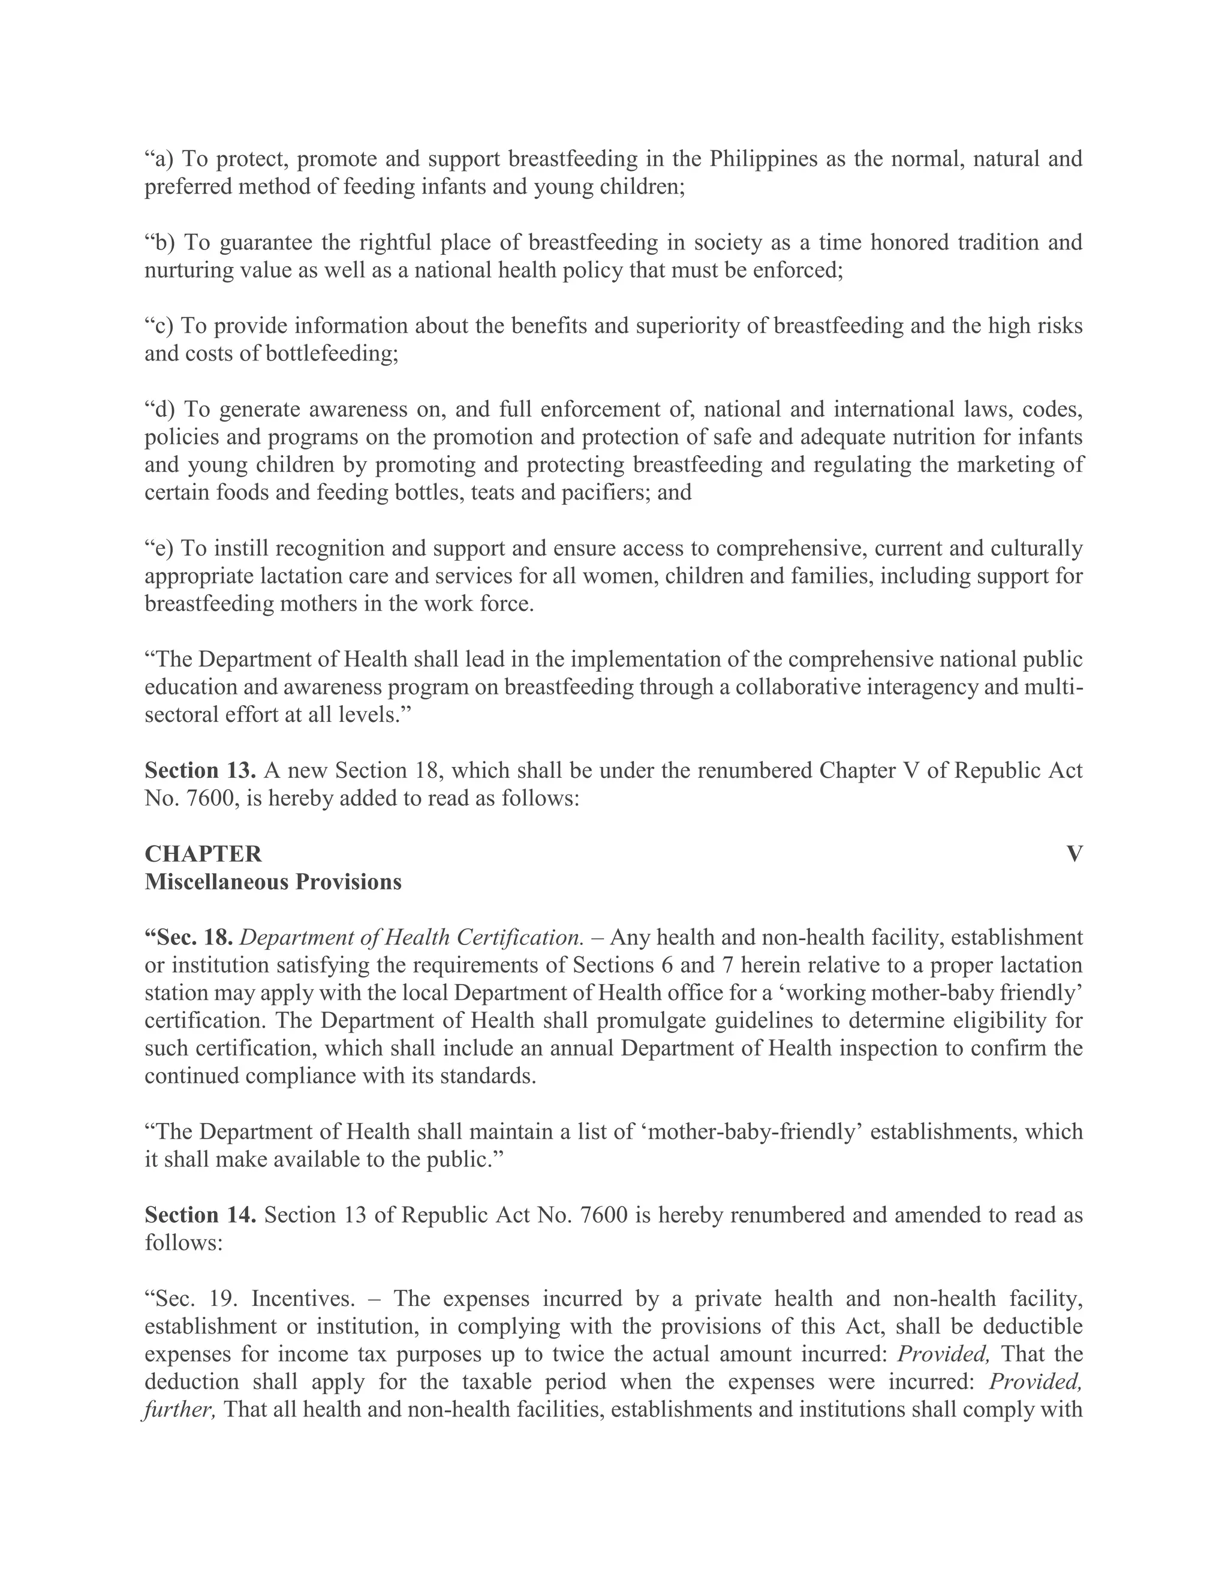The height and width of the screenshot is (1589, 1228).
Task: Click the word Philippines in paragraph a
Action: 763,159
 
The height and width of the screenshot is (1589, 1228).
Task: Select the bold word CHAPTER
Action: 203,854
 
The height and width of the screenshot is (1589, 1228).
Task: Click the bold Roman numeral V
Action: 1074,854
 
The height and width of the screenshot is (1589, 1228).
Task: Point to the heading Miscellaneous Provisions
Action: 273,882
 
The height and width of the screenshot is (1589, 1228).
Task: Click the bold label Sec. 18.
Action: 189,938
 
